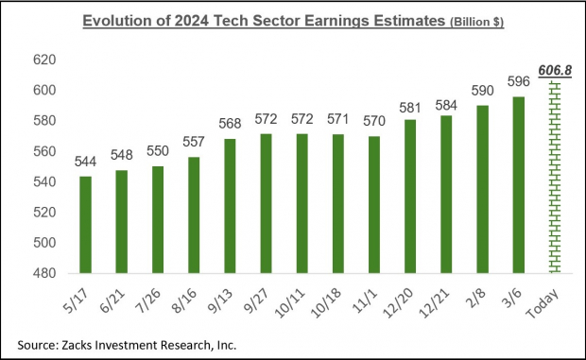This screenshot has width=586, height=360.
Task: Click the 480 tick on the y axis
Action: point(45,273)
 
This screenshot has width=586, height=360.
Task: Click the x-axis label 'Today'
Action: point(552,300)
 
